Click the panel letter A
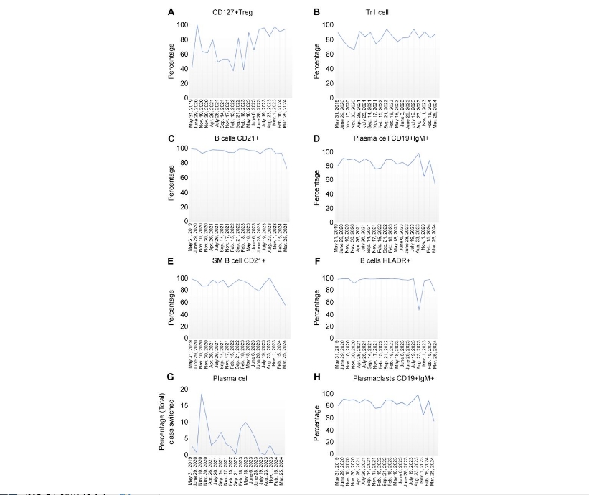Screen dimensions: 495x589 [171, 12]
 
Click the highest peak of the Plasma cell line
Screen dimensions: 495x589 [202, 395]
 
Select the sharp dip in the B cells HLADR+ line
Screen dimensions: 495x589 [419, 309]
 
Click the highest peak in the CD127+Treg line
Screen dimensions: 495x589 [197, 26]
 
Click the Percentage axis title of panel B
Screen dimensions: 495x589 [318, 62]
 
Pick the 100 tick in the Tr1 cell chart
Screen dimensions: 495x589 [329, 25]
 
